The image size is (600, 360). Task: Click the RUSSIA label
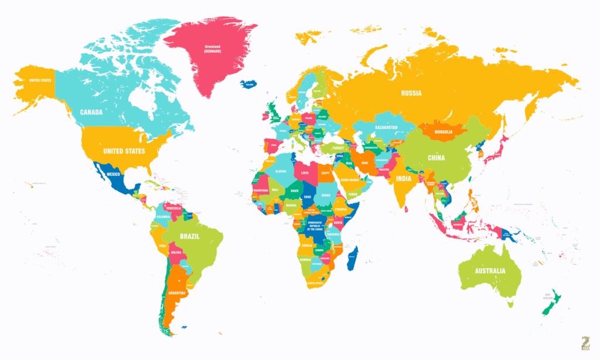coord(411,93)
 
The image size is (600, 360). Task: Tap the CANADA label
coord(91,112)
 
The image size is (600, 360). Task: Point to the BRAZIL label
coord(190,236)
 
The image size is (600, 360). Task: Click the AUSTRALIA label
coord(490,271)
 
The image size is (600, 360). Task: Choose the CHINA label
coord(436,158)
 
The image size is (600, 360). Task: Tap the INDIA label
coord(403,178)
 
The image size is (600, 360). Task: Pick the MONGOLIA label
coord(444,132)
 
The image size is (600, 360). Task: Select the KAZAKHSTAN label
coord(386,127)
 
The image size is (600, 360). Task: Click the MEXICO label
coord(112,175)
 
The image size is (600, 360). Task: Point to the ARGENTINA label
coord(177,293)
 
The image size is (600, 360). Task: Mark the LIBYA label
coord(305,173)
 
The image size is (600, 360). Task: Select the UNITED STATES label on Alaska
coord(40,80)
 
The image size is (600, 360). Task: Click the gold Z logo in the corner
coord(583,343)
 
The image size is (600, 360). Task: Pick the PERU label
coord(163,246)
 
